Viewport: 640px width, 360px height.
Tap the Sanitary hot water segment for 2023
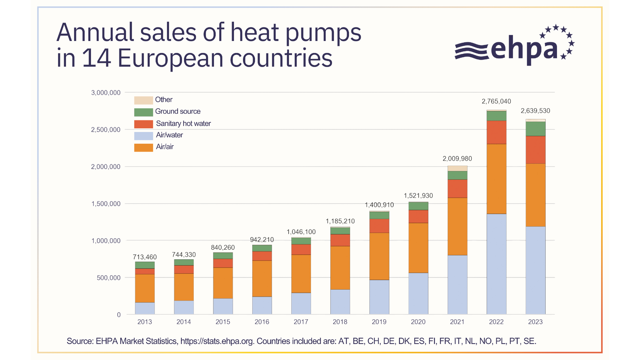pos(535,150)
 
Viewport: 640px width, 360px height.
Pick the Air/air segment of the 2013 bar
pos(145,288)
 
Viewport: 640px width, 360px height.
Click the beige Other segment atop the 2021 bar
pos(457,168)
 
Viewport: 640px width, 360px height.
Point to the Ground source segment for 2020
pos(418,206)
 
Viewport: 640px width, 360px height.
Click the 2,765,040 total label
pos(496,101)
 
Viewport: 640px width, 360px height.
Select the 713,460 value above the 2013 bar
pos(145,257)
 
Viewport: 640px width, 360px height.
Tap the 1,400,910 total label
pos(379,205)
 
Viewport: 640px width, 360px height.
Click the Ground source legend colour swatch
pos(143,112)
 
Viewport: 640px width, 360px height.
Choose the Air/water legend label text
pos(169,135)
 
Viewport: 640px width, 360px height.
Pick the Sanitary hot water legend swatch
pos(143,124)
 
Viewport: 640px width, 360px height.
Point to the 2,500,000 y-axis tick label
pos(106,130)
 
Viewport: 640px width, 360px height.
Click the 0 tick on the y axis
pos(119,315)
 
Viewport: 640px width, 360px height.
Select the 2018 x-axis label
pos(340,322)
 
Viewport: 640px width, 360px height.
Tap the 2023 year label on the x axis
pos(535,322)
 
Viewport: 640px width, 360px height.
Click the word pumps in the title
pos(323,33)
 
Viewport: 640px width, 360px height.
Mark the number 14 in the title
pos(97,58)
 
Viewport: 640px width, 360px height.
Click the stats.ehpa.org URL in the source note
pos(217,341)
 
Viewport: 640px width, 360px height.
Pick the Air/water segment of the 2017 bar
pos(301,304)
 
